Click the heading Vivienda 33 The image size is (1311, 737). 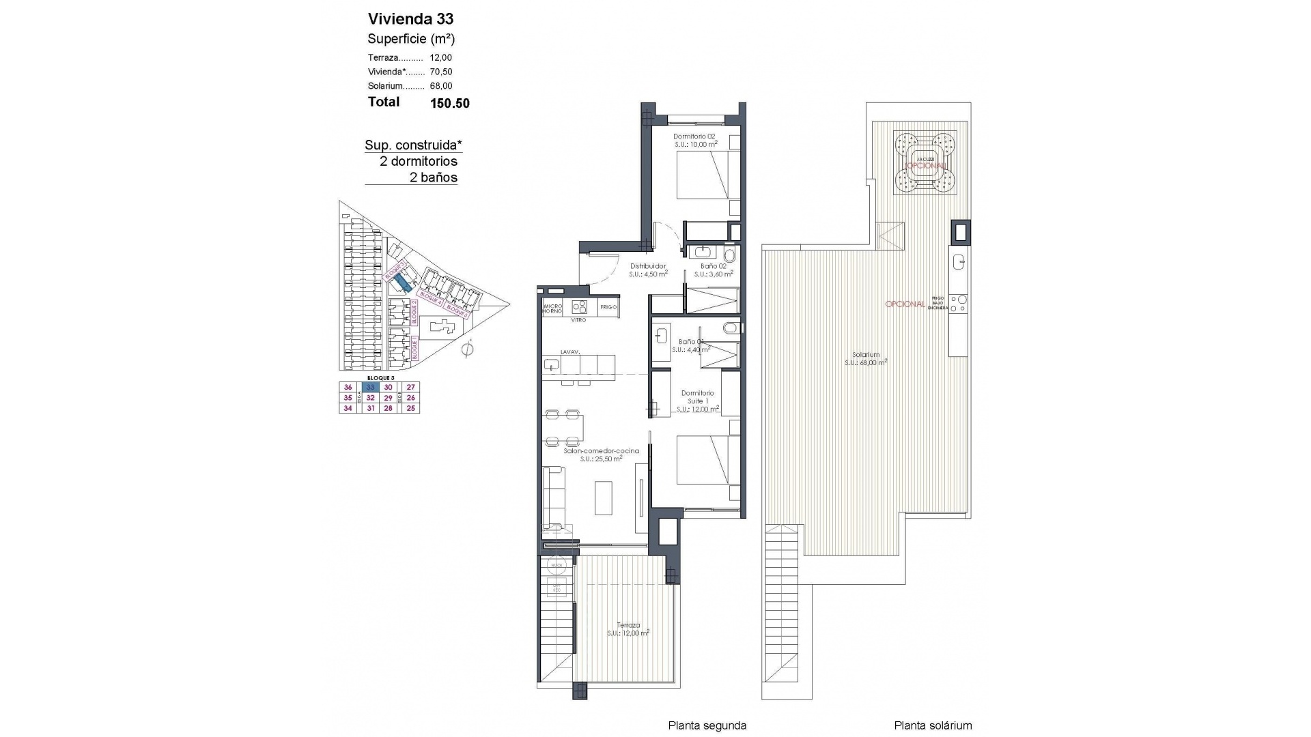click(x=410, y=18)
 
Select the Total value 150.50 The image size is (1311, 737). click(x=449, y=103)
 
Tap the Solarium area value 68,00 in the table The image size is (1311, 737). click(x=440, y=86)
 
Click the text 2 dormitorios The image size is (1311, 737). click(x=419, y=162)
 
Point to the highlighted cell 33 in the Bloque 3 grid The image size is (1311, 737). click(x=371, y=387)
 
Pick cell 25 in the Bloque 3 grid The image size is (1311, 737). click(x=410, y=408)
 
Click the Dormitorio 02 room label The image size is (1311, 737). click(x=694, y=136)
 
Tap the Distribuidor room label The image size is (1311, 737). click(x=647, y=266)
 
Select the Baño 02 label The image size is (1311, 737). click(x=713, y=266)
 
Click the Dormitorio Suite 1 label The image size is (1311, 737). click(x=697, y=397)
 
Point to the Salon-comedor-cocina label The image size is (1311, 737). click(x=601, y=451)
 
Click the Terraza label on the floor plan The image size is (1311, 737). click(x=628, y=625)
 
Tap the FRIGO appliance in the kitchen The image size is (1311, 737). click(x=608, y=307)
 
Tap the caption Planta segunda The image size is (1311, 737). click(x=707, y=726)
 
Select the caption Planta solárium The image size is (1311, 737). click(x=933, y=726)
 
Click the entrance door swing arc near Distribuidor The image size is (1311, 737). click(x=600, y=270)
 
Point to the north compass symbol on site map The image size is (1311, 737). click(x=467, y=350)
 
